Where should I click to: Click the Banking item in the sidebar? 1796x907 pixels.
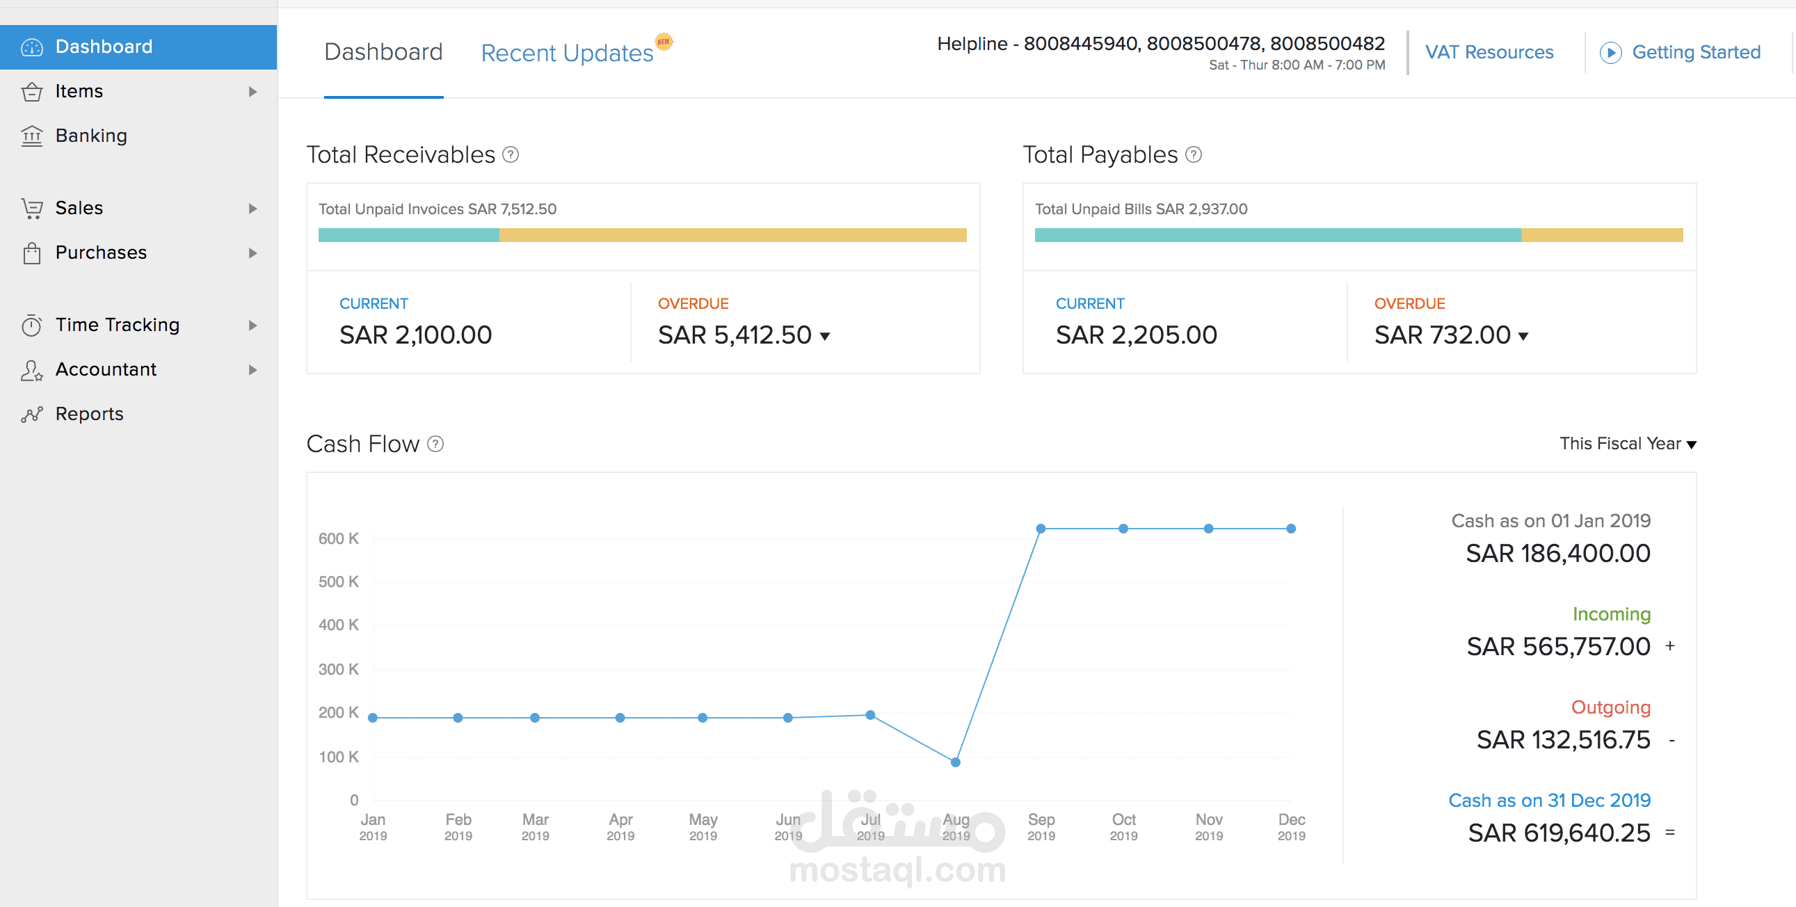click(x=90, y=135)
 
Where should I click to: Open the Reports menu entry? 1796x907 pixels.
click(x=89, y=413)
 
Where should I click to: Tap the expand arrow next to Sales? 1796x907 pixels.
click(x=252, y=209)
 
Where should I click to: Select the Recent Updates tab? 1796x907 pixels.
click(x=567, y=53)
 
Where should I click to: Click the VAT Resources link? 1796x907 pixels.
click(x=1489, y=52)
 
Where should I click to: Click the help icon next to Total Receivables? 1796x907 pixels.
click(x=511, y=155)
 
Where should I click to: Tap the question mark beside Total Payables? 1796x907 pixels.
click(x=1194, y=155)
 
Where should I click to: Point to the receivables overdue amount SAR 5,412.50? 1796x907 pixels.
click(x=734, y=335)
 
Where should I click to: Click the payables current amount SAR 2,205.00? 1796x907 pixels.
click(x=1136, y=335)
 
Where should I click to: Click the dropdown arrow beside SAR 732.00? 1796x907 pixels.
click(x=1523, y=337)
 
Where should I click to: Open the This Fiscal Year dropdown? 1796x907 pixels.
click(x=1627, y=444)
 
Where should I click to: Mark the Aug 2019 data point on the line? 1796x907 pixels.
click(x=955, y=762)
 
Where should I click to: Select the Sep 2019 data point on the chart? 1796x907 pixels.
click(x=1040, y=529)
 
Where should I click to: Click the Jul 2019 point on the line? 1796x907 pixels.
click(x=870, y=714)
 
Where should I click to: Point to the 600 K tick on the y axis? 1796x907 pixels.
click(x=338, y=538)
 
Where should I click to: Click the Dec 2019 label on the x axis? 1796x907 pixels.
click(x=1291, y=826)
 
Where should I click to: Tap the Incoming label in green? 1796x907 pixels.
click(x=1610, y=614)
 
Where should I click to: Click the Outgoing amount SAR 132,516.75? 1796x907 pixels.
click(x=1562, y=739)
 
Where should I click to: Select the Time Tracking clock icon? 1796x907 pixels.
click(x=31, y=326)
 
